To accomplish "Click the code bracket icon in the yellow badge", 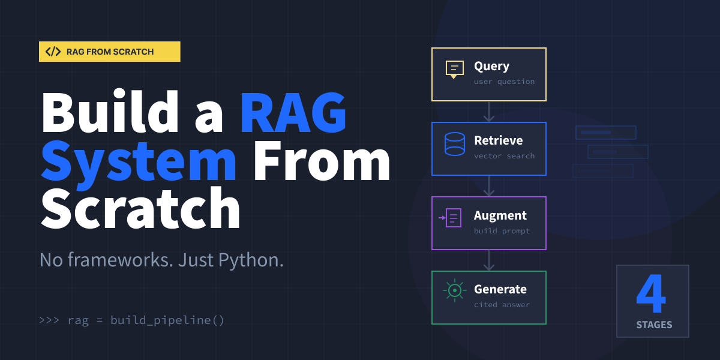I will pos(53,52).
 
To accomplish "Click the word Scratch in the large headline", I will pos(140,208).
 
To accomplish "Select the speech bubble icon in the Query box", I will pos(455,70).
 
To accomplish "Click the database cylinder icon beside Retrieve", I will pos(455,144).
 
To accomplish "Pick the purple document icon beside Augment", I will pos(452,218).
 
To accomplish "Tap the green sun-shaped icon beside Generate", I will pos(455,291).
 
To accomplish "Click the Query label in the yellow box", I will pos(491,67).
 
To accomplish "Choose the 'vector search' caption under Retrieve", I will pos(504,156).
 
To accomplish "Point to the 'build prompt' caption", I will pos(502,230).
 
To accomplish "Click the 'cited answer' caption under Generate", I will pos(502,304).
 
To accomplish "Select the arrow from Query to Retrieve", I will pos(489,112).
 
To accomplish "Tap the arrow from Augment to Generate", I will pos(489,260).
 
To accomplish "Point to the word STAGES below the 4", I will pos(654,325).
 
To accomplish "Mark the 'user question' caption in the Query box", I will pos(504,82).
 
